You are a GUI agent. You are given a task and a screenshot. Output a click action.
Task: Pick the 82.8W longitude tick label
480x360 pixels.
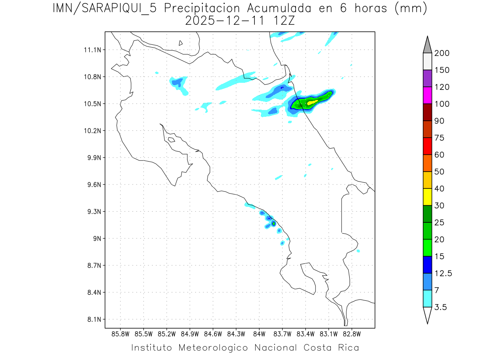(x=352, y=334)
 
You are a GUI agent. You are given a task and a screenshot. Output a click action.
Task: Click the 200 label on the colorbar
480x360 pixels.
(x=442, y=53)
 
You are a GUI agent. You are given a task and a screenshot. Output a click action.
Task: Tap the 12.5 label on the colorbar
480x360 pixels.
(x=443, y=274)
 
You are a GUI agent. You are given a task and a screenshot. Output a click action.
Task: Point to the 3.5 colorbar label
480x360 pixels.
(x=440, y=307)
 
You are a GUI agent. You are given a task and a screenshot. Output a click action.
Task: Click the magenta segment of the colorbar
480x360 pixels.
(x=427, y=95)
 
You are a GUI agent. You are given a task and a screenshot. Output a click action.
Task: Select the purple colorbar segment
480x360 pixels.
(x=427, y=78)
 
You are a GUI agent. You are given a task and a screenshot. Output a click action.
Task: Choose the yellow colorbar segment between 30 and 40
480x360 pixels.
(x=427, y=196)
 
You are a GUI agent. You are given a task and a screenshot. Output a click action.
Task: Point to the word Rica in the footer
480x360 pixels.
(x=348, y=348)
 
